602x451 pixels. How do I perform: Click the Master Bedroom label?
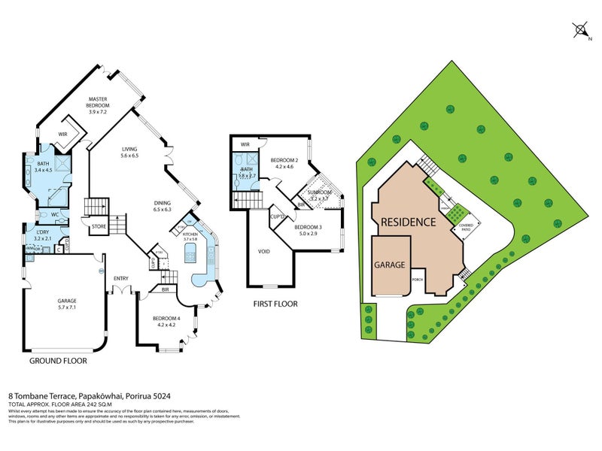(x=99, y=102)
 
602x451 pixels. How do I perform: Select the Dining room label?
(x=163, y=206)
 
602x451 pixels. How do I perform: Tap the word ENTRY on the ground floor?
(x=121, y=278)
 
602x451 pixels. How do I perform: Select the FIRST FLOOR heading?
(x=275, y=304)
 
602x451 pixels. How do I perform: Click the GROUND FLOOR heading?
(x=58, y=361)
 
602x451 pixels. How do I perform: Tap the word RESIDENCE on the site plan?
(x=407, y=222)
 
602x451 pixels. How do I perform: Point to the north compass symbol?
(x=580, y=30)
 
